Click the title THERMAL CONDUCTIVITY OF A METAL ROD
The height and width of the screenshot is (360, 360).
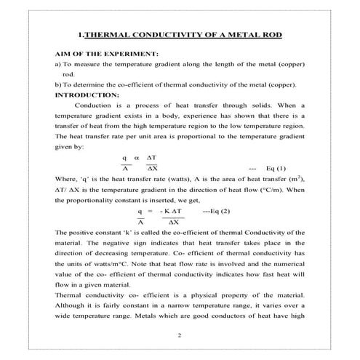(180, 34)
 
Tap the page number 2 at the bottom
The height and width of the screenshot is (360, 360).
(180, 335)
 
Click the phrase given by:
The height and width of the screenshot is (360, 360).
(70, 145)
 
